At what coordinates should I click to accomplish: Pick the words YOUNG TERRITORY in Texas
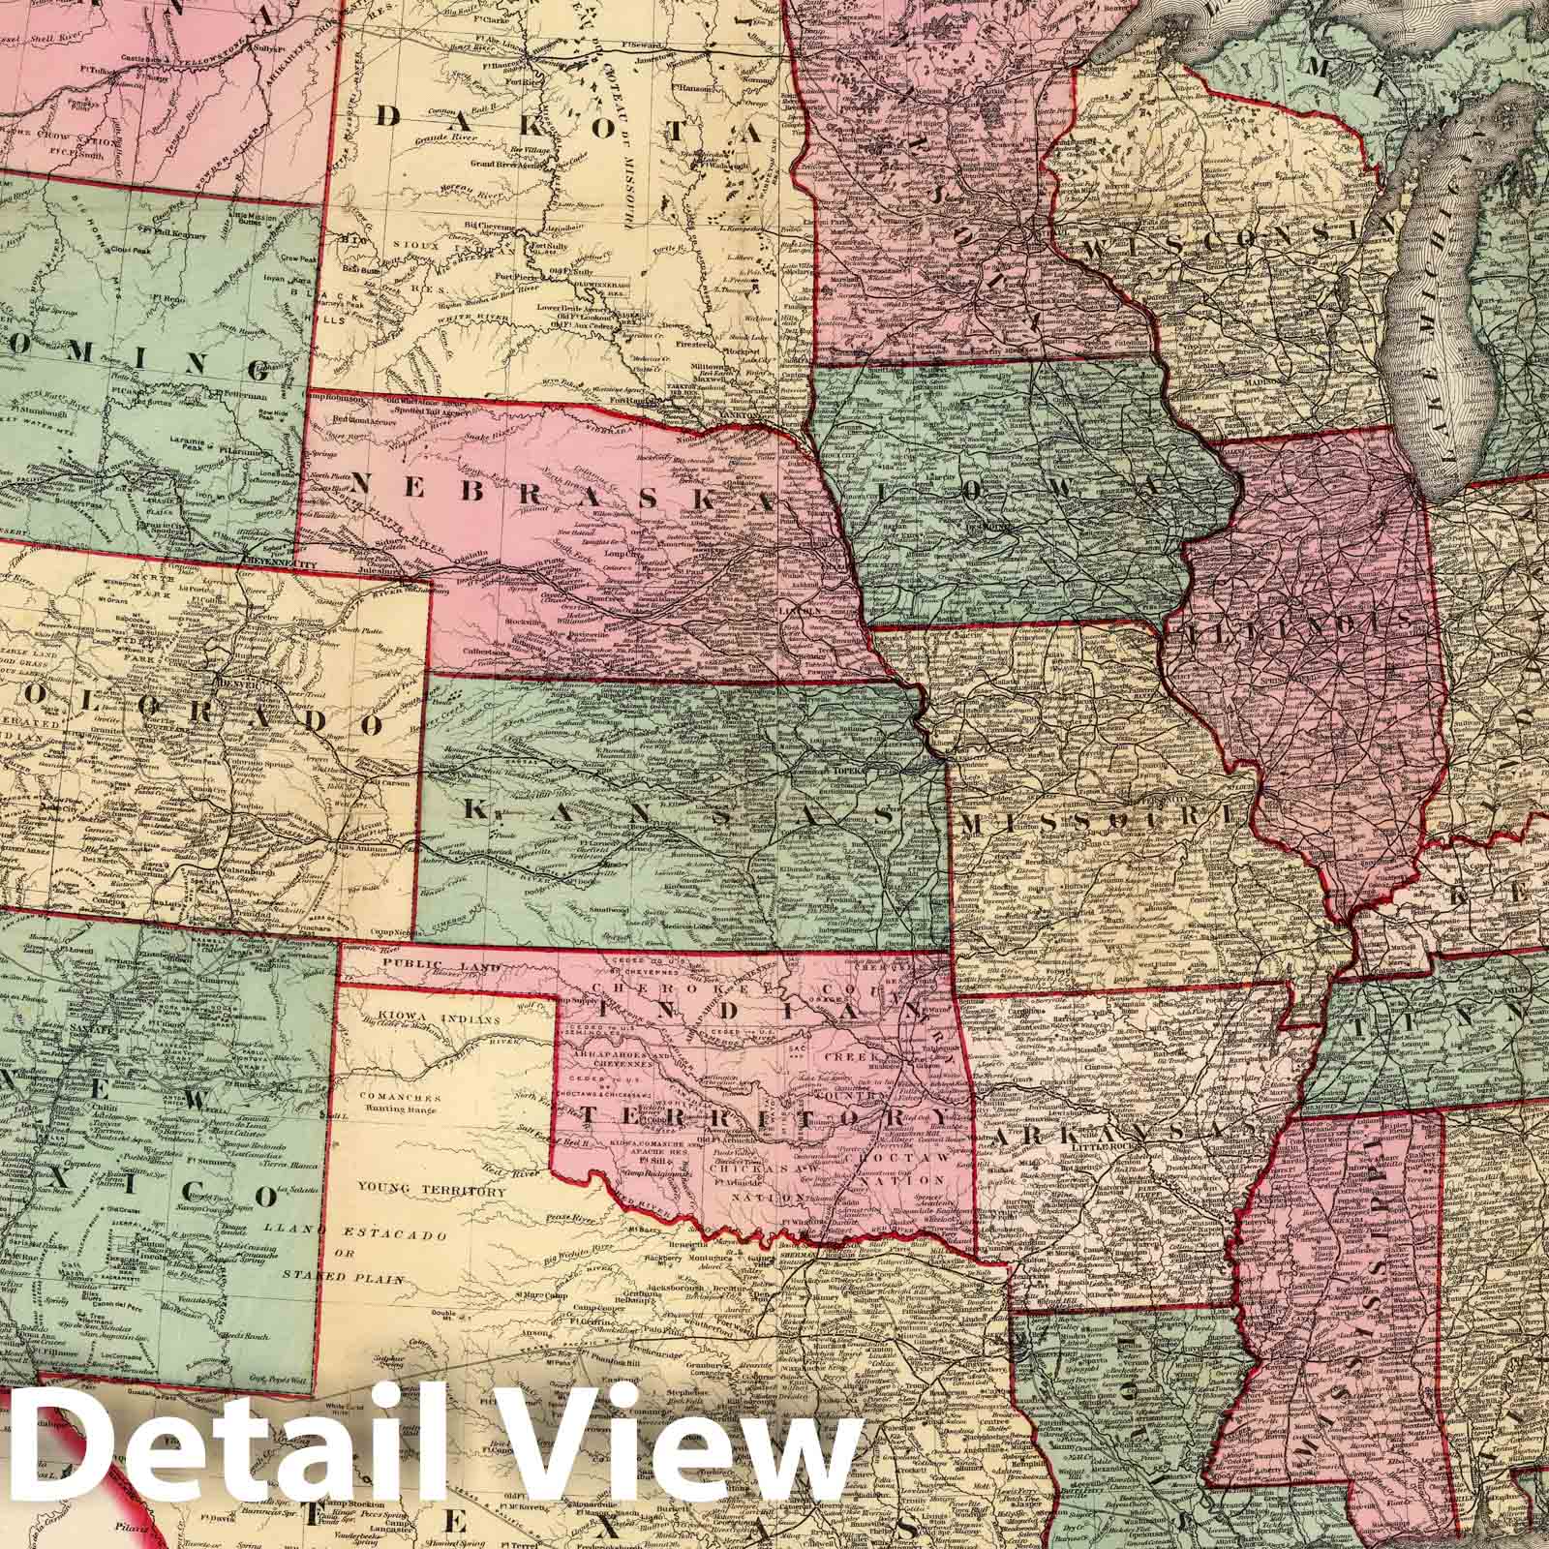[431, 1192]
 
